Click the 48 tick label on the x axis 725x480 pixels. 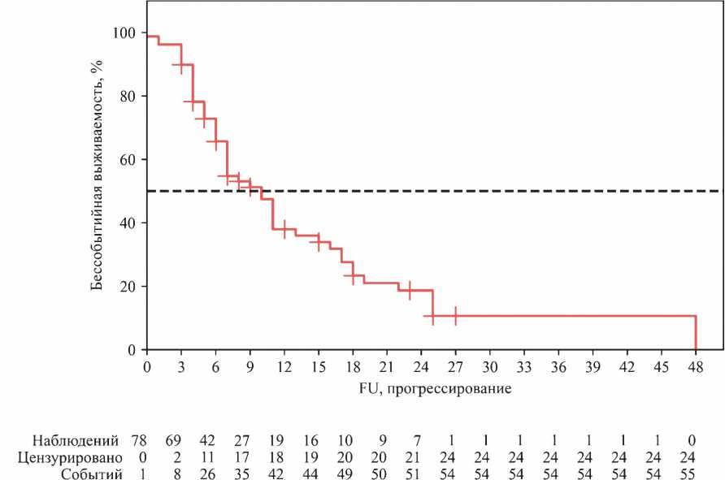point(696,368)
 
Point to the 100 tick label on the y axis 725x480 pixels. point(124,32)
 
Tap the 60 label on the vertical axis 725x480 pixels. point(128,160)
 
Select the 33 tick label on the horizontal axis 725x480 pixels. point(524,368)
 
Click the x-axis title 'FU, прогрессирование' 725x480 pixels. point(435,388)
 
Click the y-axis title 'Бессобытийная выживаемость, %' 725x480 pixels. point(97,175)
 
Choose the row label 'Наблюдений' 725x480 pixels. point(76,440)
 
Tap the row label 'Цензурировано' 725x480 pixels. point(70,458)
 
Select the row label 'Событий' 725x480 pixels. point(92,474)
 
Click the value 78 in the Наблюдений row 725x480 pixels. point(139,440)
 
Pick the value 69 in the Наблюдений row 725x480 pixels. point(173,440)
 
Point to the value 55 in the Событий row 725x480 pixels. point(688,474)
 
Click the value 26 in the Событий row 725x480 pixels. point(207,474)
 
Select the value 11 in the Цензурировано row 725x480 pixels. point(207,458)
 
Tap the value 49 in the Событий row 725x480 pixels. point(345,474)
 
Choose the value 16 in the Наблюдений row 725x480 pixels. point(310,440)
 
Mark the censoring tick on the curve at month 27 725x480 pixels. point(455,316)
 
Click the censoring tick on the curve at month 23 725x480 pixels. point(410,290)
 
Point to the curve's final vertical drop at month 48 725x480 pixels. point(696,333)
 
